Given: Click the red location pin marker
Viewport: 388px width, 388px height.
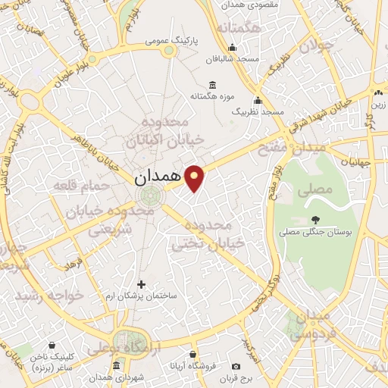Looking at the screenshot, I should [196, 177].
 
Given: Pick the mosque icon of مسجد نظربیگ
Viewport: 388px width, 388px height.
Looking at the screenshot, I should [258, 100].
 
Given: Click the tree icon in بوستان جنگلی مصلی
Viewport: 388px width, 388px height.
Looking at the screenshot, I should [315, 219].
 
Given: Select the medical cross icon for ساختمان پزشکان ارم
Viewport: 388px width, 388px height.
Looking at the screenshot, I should [141, 284].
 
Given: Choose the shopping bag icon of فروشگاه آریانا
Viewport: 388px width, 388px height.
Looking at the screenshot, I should [194, 354].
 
